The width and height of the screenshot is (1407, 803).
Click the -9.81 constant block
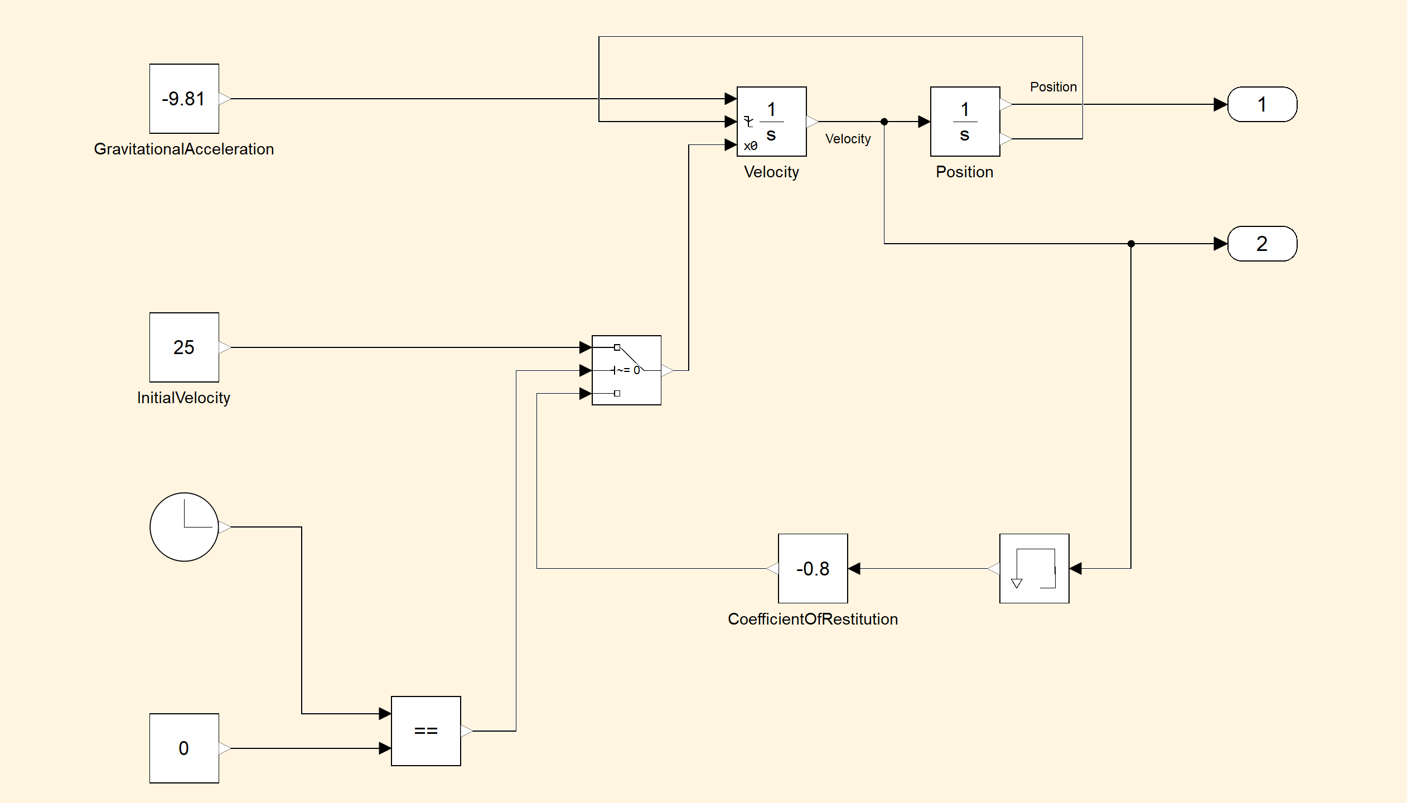184,99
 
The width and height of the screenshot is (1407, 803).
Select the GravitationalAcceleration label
184,149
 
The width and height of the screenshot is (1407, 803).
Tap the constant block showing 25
184,347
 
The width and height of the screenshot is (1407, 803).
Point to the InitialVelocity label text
183,398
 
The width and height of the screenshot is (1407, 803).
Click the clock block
184,527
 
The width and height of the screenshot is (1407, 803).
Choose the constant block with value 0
184,748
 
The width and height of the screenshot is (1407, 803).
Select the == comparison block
426,731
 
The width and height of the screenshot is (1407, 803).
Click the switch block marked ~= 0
626,370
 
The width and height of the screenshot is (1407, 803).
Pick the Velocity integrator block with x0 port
772,122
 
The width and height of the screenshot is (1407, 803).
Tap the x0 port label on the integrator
751,146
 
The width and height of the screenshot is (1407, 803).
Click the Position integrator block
965,122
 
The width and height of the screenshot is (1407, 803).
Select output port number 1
1262,104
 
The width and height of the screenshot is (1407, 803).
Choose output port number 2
1262,244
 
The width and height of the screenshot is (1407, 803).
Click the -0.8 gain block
813,568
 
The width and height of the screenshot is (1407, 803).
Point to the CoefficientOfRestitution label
813,619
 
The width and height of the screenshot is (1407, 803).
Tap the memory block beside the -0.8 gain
1034,568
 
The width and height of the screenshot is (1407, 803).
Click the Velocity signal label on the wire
848,139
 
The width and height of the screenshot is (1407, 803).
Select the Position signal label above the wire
1053,87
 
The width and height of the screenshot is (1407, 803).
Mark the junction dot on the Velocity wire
884,122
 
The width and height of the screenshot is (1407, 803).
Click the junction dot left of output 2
1131,244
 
